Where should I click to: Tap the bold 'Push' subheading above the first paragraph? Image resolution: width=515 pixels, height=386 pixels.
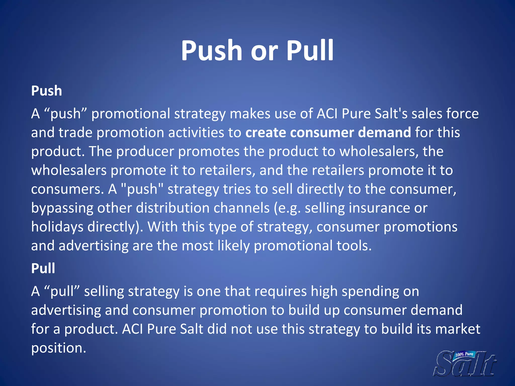[x=47, y=91]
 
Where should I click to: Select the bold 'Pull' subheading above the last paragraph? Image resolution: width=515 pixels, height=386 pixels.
[x=43, y=268]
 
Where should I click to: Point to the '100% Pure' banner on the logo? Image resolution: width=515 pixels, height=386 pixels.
[x=464, y=355]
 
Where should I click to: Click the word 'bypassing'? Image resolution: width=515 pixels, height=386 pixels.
[x=62, y=208]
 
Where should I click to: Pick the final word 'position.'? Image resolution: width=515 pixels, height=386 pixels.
[x=59, y=348]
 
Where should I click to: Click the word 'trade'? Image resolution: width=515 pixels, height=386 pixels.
[x=75, y=132]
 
